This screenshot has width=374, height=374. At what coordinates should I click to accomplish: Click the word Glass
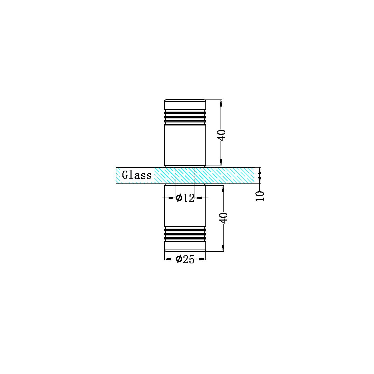(137, 175)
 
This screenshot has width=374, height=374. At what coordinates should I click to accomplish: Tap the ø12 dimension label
(185, 198)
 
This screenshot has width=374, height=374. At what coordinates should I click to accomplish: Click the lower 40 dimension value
(224, 217)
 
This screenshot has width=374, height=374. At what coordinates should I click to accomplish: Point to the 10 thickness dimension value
(260, 196)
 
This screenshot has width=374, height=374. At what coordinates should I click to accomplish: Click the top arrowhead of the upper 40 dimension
(221, 103)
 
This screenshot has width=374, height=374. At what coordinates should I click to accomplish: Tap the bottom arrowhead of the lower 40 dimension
(223, 248)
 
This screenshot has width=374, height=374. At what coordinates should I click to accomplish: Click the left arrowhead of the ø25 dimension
(168, 259)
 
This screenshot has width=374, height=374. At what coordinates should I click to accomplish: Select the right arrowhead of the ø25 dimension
(202, 259)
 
